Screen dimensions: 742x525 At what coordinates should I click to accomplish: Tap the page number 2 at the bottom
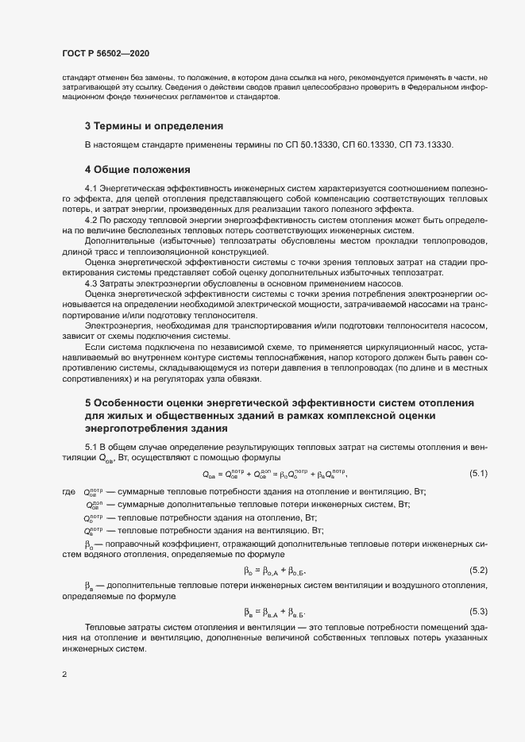point(64,675)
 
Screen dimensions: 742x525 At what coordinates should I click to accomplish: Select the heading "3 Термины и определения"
point(153,126)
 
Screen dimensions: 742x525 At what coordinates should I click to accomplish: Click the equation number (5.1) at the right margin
point(479,474)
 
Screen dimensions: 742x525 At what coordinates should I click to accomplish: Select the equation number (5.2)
point(479,571)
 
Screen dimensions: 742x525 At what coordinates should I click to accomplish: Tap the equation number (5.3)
point(479,611)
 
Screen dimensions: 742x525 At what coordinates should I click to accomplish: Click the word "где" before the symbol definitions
point(68,493)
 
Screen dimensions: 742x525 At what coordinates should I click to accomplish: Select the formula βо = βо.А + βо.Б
point(275,571)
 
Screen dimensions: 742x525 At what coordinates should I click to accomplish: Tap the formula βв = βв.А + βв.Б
point(275,612)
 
